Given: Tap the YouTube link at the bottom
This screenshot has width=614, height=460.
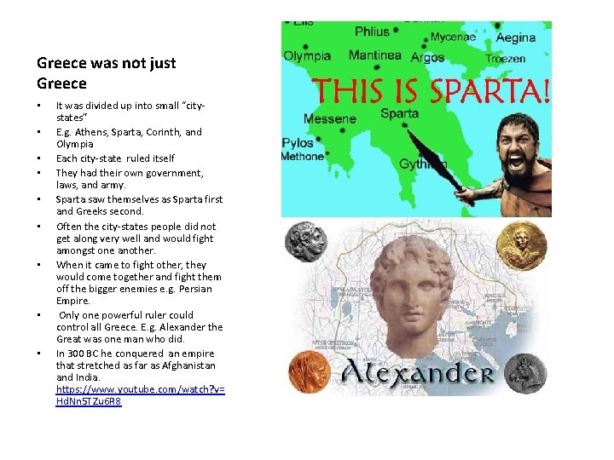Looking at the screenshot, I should coord(141,394).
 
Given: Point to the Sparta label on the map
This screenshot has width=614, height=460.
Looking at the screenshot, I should coord(399,113).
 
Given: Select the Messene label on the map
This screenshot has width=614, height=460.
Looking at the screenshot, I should coord(329,119).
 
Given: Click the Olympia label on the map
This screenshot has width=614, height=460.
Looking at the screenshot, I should coord(307,56).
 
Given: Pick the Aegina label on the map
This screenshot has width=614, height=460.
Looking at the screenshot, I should coord(516,37).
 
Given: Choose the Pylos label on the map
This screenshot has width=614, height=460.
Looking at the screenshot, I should coord(298,143).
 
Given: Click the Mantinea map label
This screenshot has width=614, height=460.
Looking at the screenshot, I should coord(375,55).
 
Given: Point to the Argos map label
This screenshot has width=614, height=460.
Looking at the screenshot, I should coord(427,58).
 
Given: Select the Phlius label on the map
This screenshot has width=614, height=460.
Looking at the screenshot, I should coord(372,32).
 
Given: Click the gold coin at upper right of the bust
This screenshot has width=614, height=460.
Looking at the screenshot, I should coord(521,245).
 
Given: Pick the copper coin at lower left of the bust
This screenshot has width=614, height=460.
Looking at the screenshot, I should coord(308,372).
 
